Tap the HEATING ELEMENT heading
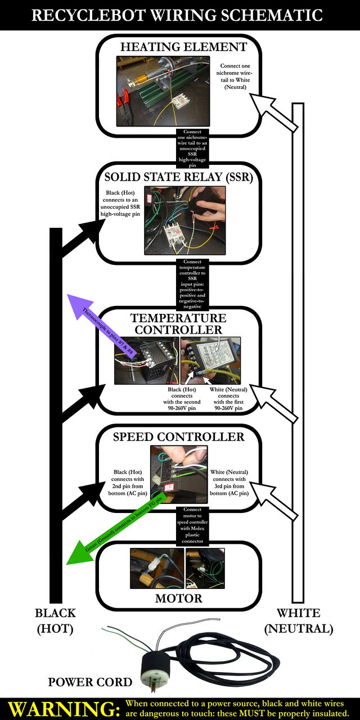pos(183,47)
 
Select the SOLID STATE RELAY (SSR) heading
pos(179,177)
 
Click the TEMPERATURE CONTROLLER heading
pos(178,323)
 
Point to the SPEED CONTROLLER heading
pos(179,437)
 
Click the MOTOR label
pos(179,598)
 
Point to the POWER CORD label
pos(90,682)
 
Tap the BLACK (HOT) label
pos(55,620)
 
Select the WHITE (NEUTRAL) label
pos(298,620)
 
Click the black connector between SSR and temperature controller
pos(192,284)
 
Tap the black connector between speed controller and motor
pos(192,526)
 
